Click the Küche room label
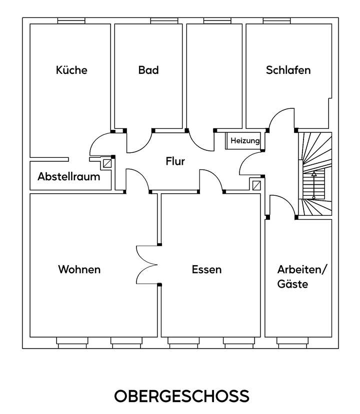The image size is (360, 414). pyautogui.click(x=71, y=70)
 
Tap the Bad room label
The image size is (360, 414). pyautogui.click(x=148, y=70)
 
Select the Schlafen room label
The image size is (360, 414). pyautogui.click(x=288, y=70)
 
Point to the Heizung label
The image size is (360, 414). pyautogui.click(x=245, y=141)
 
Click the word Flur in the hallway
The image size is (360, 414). pyautogui.click(x=175, y=161)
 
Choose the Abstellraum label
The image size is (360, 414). pyautogui.click(x=68, y=177)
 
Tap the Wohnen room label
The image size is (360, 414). pyautogui.click(x=79, y=270)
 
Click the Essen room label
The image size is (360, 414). pyautogui.click(x=206, y=270)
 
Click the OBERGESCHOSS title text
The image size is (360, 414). pyautogui.click(x=181, y=396)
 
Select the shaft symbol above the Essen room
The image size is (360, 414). pyautogui.click(x=256, y=185)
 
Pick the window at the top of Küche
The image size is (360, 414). pyautogui.click(x=71, y=20)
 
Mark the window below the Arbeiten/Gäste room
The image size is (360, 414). pyautogui.click(x=293, y=342)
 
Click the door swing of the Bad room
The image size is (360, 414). pyautogui.click(x=139, y=142)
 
